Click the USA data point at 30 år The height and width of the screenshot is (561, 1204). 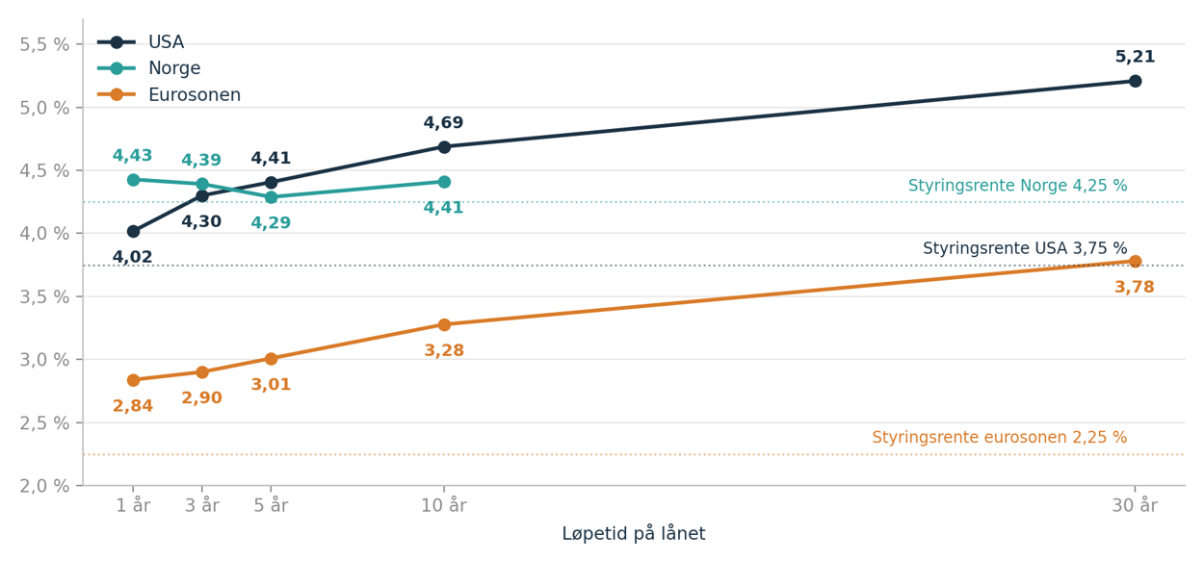1135,81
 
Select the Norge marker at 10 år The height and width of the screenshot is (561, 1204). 444,182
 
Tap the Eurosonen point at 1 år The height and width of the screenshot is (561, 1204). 133,380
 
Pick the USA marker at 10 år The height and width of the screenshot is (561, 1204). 444,147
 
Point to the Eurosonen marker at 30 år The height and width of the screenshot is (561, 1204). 1135,262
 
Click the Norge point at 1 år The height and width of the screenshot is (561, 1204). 133,180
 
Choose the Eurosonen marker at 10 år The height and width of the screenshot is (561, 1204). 444,325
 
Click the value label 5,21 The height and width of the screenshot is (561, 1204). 1135,57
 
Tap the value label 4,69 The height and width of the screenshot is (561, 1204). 443,123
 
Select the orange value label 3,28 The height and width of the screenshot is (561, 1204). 444,350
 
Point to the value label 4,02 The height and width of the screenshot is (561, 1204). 132,257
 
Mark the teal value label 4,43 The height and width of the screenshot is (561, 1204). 132,156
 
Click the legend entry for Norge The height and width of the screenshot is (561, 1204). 149,68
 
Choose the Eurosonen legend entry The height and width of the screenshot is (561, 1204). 169,95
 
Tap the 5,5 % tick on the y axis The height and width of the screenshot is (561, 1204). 44,44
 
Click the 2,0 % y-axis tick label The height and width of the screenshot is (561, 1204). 44,486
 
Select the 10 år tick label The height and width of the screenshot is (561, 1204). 444,506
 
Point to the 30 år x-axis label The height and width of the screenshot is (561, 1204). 1135,506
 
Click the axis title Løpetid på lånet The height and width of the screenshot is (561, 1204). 634,534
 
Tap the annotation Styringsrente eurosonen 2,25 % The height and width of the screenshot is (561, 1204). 999,438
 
